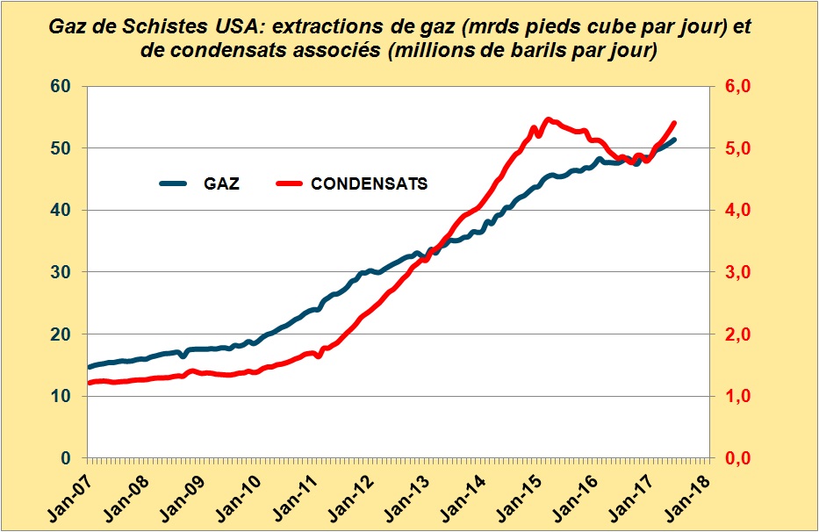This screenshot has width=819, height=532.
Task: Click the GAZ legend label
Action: [x=222, y=184]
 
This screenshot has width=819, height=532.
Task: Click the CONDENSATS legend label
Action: [x=370, y=184]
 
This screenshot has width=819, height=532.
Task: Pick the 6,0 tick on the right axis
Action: [x=734, y=86]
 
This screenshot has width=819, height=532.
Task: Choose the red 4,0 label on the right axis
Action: [x=734, y=211]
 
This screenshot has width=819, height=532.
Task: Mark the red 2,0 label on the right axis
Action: [x=734, y=334]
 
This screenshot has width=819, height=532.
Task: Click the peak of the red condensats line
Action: [x=548, y=119]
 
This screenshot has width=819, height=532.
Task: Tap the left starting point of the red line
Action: [x=89, y=383]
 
